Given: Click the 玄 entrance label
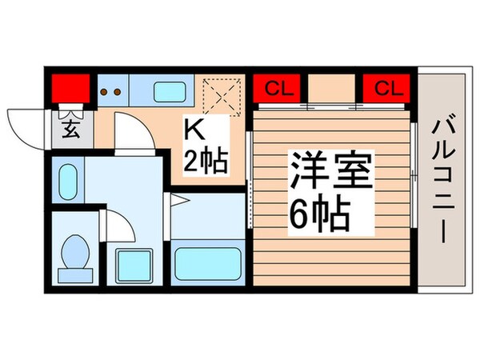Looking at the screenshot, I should point(70,128).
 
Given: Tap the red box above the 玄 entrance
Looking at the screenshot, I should point(70,86).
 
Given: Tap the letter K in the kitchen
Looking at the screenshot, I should point(195,129).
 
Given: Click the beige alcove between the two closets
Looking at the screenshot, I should point(333,88).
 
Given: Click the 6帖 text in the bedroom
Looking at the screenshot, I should point(318,212).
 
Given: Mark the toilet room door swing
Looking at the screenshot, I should point(118,224).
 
